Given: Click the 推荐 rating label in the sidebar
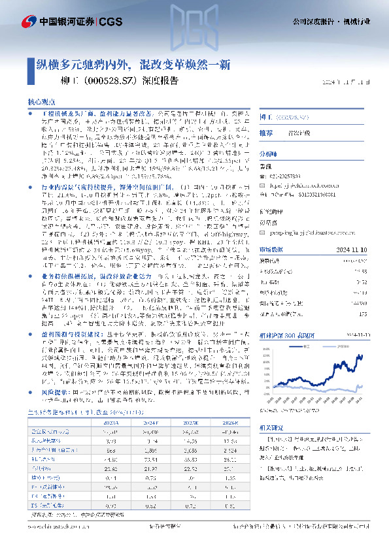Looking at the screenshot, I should point(266,133).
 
